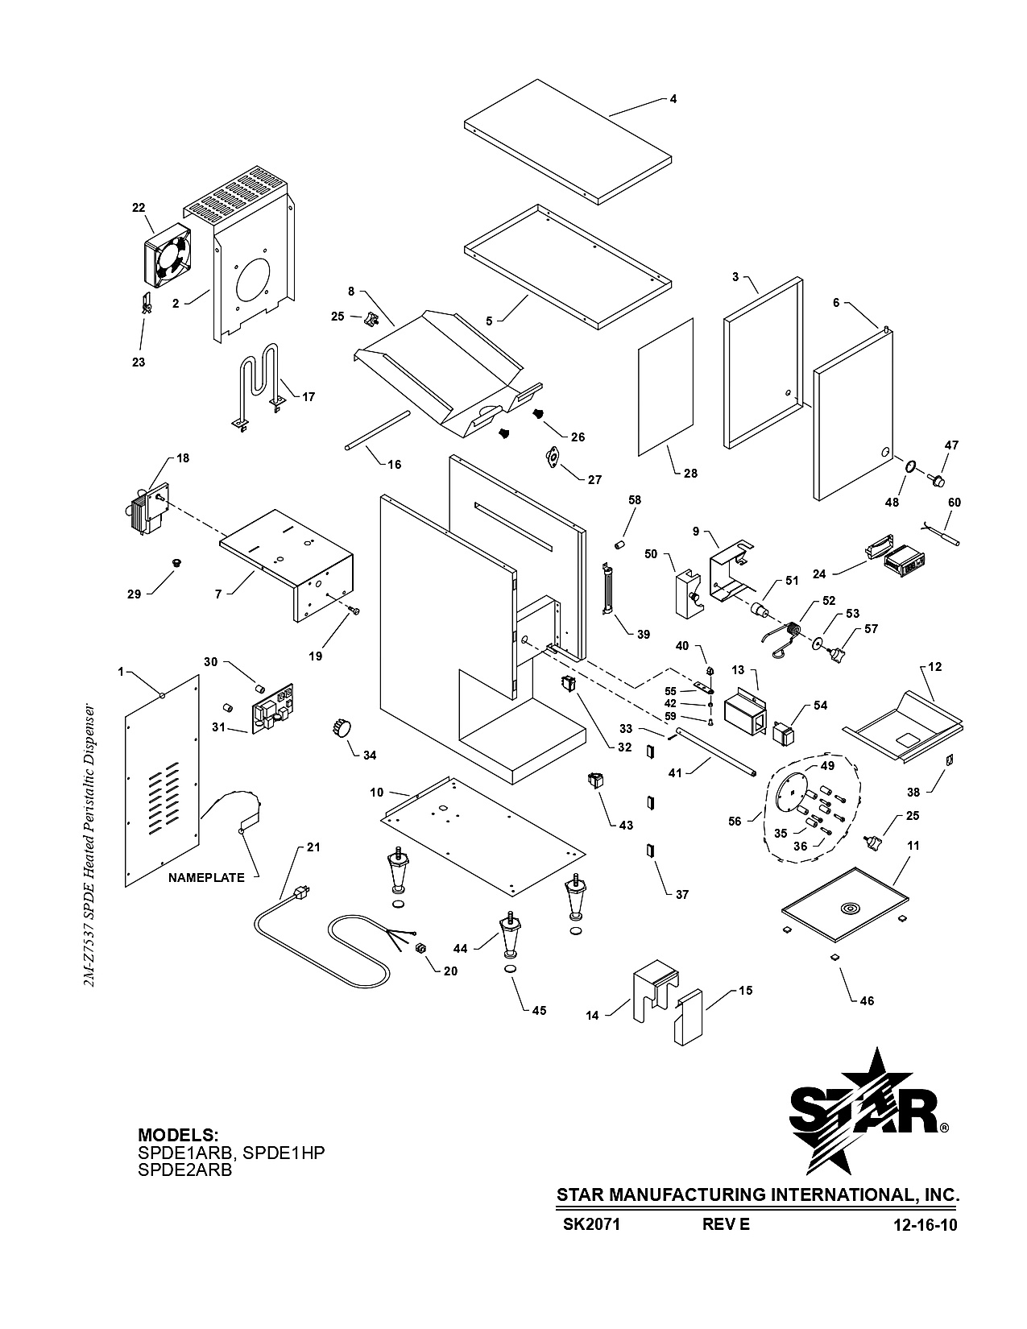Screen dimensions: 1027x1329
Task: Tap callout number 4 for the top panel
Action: pos(673,99)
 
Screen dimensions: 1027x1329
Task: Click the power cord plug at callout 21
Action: pos(301,893)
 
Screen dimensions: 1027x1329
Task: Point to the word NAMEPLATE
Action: pos(206,878)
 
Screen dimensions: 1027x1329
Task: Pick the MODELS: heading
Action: pos(178,1135)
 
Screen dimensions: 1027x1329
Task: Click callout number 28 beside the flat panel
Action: pos(690,474)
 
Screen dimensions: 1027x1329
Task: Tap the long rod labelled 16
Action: pos(378,431)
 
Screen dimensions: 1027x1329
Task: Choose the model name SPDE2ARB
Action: pos(185,1170)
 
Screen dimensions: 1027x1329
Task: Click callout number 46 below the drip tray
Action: pos(867,1001)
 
